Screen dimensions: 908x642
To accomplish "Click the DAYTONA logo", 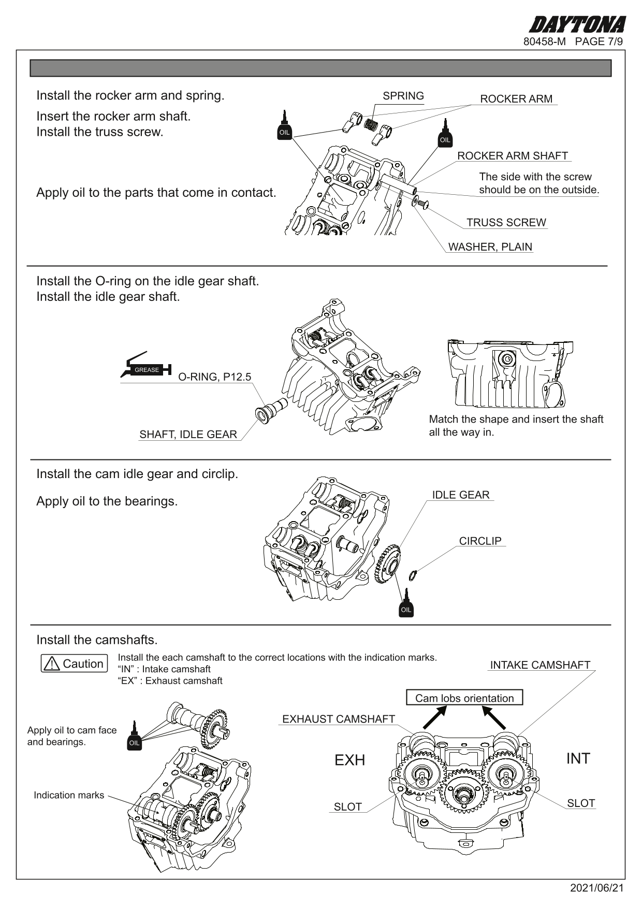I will point(577,24).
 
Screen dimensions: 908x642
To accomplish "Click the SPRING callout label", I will point(403,96).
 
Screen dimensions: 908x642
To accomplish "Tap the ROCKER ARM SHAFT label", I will point(512,156).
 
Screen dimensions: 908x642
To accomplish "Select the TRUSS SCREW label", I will point(506,223).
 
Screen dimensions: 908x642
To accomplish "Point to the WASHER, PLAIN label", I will point(490,247).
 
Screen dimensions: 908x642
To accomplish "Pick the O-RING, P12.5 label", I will point(214,377).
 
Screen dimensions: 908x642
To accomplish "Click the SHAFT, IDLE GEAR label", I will point(188,435).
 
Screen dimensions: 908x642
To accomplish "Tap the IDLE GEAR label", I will point(460,495).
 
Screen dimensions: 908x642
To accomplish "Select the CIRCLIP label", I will point(480,541).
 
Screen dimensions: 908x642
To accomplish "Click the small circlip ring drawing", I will point(413,574).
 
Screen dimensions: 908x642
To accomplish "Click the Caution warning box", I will point(75,664).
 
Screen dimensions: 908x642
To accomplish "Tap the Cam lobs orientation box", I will point(464,698).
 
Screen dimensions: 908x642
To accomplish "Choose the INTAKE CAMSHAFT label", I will point(539,665).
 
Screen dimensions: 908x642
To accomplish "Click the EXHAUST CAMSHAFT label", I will point(338,719).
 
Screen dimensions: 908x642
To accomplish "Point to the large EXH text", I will point(349,760).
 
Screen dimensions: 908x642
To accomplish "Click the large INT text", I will point(578,758).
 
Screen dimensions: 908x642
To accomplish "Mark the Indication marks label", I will point(69,795).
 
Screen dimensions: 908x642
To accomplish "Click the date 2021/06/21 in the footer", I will point(596,888).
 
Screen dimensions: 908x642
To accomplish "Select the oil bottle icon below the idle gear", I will point(406,604).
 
